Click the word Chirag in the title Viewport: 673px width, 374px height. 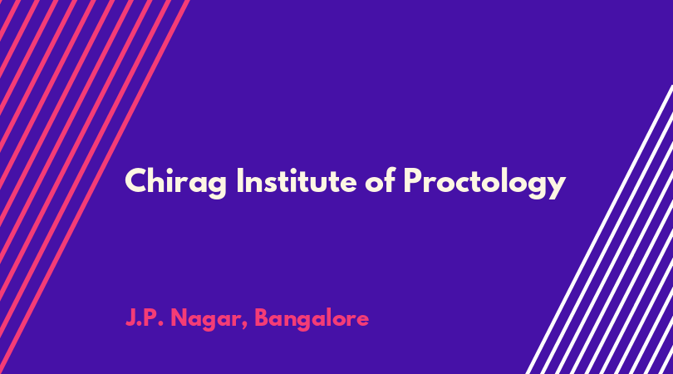pyautogui.click(x=175, y=183)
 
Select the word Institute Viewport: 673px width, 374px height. pyautogui.click(x=297, y=180)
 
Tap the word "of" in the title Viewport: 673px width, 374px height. pyautogui.click(x=380, y=180)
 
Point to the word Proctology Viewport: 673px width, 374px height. pyautogui.click(x=484, y=184)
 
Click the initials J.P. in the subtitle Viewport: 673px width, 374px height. pyautogui.click(x=145, y=318)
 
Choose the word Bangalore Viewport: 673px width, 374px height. pyautogui.click(x=312, y=320)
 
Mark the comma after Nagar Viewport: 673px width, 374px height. pyautogui.click(x=244, y=326)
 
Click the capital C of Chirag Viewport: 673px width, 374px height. pyautogui.click(x=136, y=180)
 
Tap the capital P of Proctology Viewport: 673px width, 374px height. pyautogui.click(x=412, y=180)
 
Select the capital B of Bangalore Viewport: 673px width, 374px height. pyautogui.click(x=262, y=318)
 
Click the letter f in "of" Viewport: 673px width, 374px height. pyautogui.click(x=389, y=180)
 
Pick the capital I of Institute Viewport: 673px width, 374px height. pyautogui.click(x=240, y=180)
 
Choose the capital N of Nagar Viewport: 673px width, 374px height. pyautogui.click(x=179, y=318)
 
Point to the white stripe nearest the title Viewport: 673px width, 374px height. pyautogui.click(x=599, y=229)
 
